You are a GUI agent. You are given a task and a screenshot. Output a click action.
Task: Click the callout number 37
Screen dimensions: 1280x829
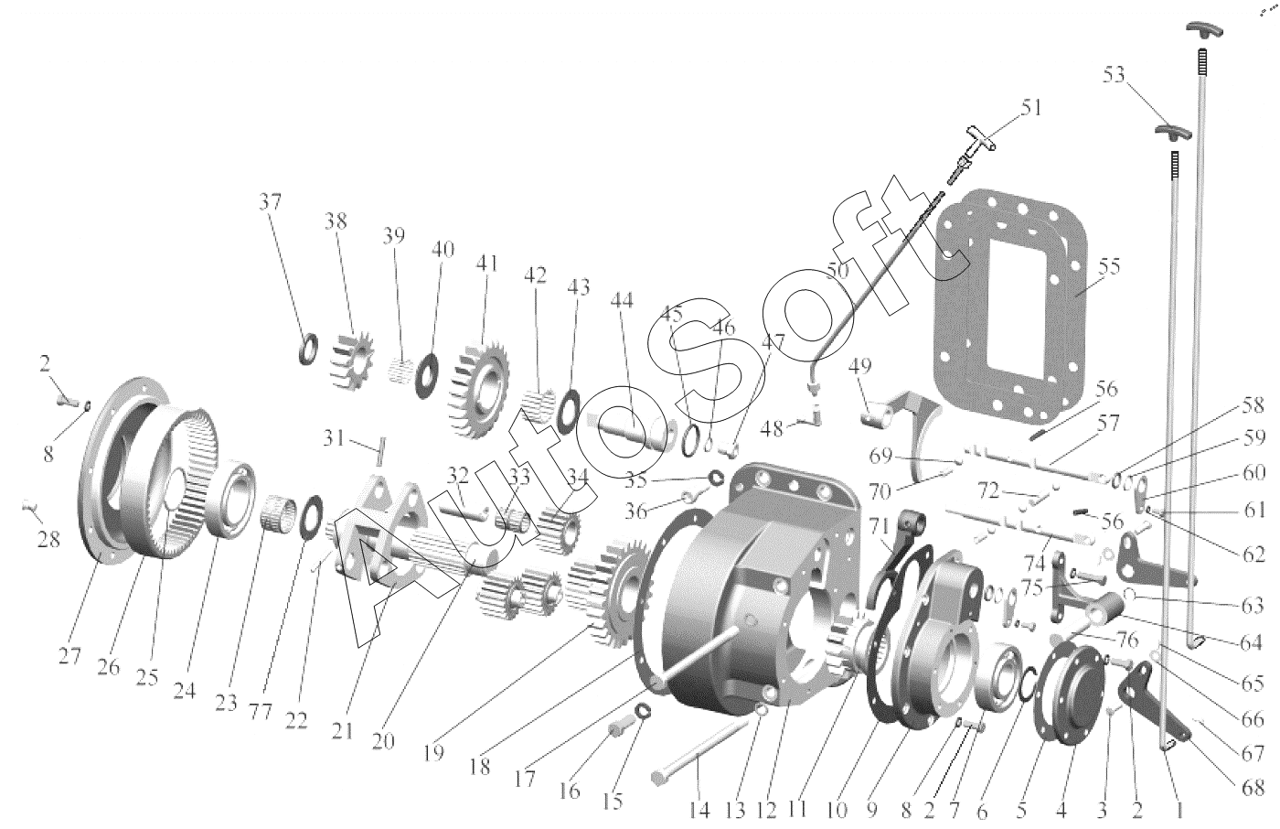(271, 202)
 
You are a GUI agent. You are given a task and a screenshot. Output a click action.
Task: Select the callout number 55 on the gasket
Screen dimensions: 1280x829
(1109, 267)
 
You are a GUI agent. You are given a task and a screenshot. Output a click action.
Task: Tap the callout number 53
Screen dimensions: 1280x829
(1114, 75)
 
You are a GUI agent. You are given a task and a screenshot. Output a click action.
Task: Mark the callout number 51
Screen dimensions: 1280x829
(1030, 108)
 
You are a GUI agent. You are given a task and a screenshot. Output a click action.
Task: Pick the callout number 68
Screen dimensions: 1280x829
(1253, 785)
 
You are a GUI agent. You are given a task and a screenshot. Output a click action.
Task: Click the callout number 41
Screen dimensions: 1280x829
(486, 263)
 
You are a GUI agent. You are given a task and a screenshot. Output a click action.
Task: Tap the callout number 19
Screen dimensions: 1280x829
(433, 753)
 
